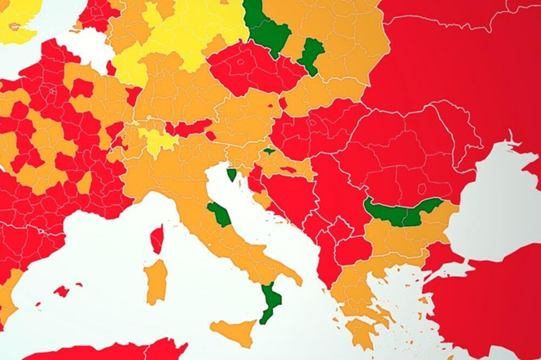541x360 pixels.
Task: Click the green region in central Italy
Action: click(x=220, y=214)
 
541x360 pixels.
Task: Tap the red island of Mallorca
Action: click(x=62, y=291)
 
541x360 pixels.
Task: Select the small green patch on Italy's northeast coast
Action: click(x=232, y=174)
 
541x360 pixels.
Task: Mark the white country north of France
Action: click(x=87, y=45)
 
